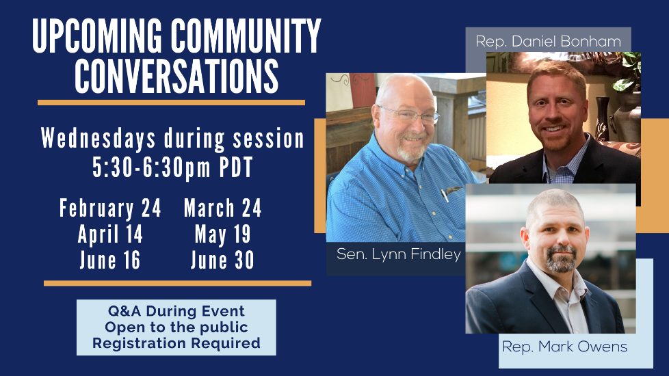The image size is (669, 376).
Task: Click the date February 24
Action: (110, 209)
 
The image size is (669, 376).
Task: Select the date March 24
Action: (223, 209)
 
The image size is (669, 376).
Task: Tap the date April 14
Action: (110, 234)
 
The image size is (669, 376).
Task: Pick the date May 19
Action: (223, 234)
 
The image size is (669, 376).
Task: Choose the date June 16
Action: (110, 260)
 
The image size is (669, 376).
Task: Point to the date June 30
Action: (223, 260)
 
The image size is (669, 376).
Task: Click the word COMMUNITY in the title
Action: (246, 36)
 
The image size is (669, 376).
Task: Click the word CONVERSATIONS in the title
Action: (176, 76)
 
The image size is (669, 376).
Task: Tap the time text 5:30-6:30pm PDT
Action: (173, 167)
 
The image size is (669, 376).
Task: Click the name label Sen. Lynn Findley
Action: (399, 254)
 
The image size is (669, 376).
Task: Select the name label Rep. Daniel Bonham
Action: (548, 41)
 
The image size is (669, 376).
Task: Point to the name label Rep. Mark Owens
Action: (564, 347)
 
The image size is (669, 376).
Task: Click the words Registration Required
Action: (176, 343)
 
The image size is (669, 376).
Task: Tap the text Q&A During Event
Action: (176, 311)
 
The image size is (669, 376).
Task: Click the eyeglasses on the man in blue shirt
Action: (410, 114)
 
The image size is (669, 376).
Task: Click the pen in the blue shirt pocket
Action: (445, 195)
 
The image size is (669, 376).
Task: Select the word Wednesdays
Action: (98, 139)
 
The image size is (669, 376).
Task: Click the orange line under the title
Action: (171, 103)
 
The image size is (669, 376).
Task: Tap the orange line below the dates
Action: (177, 284)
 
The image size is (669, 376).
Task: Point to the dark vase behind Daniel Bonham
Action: (603, 120)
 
